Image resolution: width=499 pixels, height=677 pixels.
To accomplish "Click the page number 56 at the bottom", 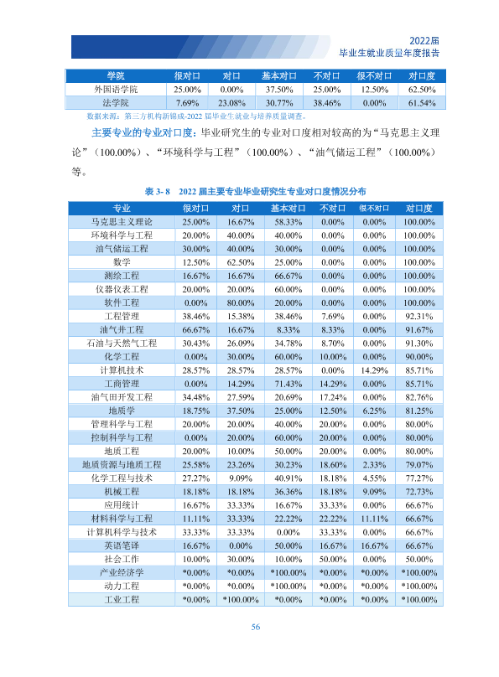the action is click(x=255, y=627).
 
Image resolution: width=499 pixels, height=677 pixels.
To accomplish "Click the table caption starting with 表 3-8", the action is click(x=255, y=191).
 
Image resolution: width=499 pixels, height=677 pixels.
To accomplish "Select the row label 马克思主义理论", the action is click(x=122, y=222).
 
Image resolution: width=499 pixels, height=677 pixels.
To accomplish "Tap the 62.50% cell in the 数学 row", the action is click(x=241, y=262).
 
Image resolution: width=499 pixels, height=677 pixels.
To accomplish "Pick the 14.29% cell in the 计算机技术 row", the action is click(x=374, y=370).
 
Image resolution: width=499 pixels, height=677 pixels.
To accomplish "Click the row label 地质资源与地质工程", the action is click(x=122, y=464).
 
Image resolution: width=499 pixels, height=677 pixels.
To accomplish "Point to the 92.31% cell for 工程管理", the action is click(x=418, y=317).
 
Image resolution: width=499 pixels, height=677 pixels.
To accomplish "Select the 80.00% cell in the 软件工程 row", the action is click(x=241, y=303).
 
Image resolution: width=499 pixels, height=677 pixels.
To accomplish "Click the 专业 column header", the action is click(x=122, y=209).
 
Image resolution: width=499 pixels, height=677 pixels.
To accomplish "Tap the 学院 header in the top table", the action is click(x=116, y=76).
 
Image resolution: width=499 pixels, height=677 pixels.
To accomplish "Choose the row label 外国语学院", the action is click(x=116, y=90).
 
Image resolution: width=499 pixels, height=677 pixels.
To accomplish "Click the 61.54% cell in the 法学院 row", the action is click(x=422, y=103).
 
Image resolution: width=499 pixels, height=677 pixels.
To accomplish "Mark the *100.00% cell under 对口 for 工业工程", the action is click(x=241, y=600).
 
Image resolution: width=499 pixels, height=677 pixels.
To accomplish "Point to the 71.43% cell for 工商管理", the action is click(x=288, y=384).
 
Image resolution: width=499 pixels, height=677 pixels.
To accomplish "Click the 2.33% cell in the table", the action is click(x=374, y=465).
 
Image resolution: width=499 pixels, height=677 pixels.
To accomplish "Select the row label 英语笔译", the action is click(x=122, y=545).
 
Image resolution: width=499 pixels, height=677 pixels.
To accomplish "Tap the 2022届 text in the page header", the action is click(x=424, y=41).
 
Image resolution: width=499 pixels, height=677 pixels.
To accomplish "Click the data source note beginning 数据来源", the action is click(x=197, y=116).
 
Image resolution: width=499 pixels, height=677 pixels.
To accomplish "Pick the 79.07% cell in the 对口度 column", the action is click(x=418, y=465).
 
